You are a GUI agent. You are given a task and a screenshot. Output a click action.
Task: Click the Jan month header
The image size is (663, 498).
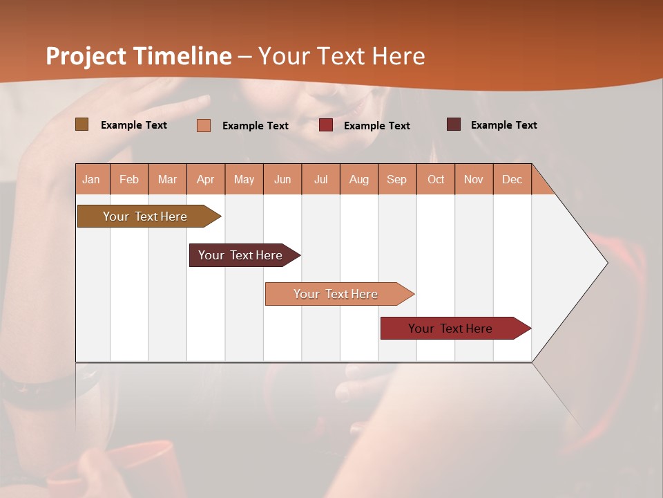point(92,179)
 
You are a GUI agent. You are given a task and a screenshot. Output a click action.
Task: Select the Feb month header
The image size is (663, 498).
point(129,179)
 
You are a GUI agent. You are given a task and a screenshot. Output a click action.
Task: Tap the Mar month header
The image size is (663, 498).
point(167,179)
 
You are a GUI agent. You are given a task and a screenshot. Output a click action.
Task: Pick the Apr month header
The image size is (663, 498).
point(206,179)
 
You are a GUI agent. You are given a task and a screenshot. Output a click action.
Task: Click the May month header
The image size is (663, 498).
point(244,179)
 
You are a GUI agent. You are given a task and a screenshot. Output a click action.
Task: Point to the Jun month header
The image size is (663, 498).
point(282,179)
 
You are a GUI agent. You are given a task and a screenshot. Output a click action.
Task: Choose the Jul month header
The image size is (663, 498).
point(320,179)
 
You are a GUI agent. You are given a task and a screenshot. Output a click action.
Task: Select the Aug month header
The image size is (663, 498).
point(359,179)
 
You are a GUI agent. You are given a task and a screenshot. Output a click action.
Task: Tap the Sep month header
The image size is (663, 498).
point(397,179)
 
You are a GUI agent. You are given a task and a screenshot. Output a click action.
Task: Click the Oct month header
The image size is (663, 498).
point(436,179)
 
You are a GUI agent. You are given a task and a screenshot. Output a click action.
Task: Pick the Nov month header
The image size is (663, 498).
point(474,179)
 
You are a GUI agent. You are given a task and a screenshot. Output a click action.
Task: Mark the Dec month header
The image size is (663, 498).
point(512,179)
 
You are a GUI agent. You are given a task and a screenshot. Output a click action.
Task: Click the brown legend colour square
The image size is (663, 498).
point(81,124)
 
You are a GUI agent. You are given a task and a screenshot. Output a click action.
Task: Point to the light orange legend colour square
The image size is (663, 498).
point(204,125)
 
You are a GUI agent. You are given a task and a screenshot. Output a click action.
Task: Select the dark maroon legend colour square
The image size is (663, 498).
point(453,124)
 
